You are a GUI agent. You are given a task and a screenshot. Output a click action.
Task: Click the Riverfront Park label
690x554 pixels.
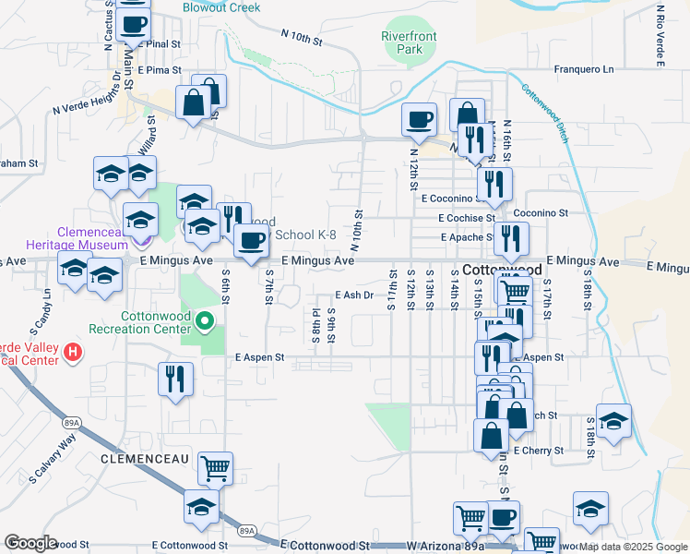click(407, 42)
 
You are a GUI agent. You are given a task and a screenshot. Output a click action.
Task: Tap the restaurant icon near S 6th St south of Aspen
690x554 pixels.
click(174, 379)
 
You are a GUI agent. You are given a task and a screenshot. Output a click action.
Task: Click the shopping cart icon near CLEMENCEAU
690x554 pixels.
click(215, 468)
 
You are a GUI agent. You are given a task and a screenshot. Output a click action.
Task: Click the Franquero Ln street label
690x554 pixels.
click(583, 69)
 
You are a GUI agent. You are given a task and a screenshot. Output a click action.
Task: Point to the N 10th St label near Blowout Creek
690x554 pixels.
click(301, 37)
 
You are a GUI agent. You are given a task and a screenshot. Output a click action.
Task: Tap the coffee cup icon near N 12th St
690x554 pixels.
click(420, 118)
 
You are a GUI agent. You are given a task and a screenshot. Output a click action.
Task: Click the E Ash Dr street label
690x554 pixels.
click(352, 295)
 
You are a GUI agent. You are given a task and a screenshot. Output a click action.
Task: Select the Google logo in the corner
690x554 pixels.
click(30, 544)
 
